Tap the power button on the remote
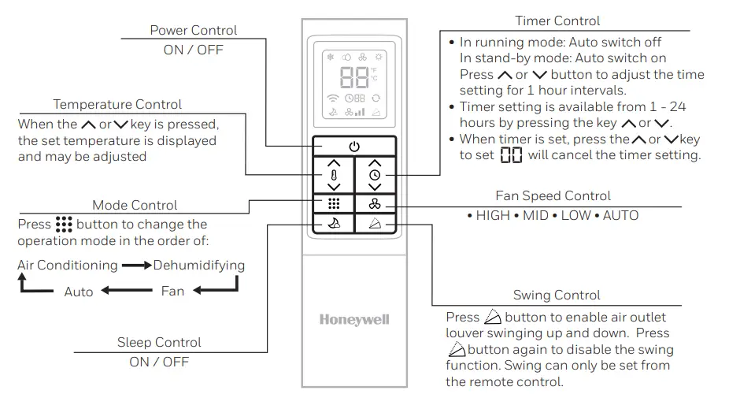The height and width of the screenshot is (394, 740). tap(354, 147)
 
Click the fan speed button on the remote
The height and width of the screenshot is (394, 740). tap(376, 204)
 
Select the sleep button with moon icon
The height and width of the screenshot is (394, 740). tap(334, 223)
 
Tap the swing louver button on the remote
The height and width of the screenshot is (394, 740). tap(376, 223)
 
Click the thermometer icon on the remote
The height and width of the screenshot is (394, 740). tap(334, 176)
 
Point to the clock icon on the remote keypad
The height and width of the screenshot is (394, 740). tap(375, 175)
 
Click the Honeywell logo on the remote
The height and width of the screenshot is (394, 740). tap(354, 320)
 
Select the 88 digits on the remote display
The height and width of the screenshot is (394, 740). tap(354, 77)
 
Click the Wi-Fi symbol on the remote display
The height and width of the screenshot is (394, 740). tap(333, 98)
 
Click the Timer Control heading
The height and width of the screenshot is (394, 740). tap(557, 20)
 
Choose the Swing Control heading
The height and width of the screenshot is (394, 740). tap(557, 295)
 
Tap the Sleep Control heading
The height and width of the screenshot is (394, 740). tap(159, 343)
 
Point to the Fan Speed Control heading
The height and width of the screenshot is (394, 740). tap(553, 195)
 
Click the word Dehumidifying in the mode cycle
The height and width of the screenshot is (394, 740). tap(199, 266)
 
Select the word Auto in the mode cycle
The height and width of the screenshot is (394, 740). tap(79, 292)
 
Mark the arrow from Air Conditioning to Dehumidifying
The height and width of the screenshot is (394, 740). tap(137, 266)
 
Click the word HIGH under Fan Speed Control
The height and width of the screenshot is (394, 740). tap(493, 215)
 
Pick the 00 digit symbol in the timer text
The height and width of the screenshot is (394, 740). tap(511, 155)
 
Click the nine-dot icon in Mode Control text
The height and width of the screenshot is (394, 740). tap(64, 225)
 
